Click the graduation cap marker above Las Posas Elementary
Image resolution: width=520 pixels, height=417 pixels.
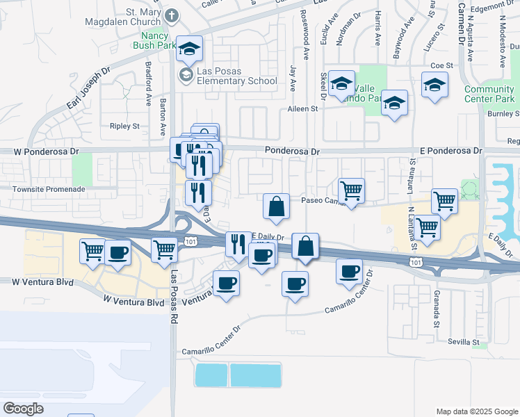click(x=188, y=49)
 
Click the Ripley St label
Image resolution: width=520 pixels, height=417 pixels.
click(x=124, y=126)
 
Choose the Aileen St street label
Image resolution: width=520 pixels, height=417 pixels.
click(x=302, y=109)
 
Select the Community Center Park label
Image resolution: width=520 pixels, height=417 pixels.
click(x=489, y=94)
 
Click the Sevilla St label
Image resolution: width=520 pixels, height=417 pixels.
click(x=464, y=343)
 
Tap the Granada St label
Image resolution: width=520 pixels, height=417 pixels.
click(x=437, y=310)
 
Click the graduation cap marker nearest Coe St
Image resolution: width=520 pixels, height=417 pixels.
click(x=435, y=85)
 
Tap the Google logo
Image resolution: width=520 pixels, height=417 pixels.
click(x=23, y=408)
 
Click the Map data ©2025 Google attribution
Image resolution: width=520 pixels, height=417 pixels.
click(x=476, y=411)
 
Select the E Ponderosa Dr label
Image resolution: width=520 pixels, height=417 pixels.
click(x=452, y=150)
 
